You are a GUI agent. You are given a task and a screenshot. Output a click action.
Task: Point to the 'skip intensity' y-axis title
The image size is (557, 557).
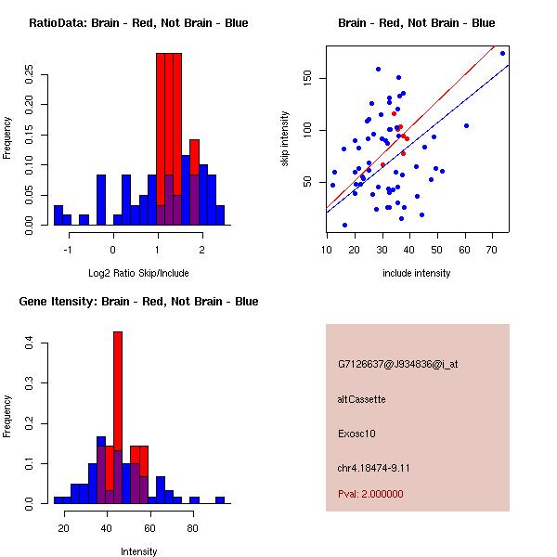point(286,139)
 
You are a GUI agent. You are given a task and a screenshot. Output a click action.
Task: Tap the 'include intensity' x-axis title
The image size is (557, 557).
point(417,273)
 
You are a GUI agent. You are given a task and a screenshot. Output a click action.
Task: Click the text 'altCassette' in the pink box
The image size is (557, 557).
point(361,399)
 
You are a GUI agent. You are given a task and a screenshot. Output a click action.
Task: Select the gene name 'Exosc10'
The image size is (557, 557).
point(356,434)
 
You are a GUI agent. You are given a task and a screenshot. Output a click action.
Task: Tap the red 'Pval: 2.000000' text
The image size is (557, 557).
point(370,494)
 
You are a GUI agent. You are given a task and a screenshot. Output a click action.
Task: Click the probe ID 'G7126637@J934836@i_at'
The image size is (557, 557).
point(397,364)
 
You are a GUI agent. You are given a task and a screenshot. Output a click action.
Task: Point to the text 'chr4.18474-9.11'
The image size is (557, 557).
point(373,467)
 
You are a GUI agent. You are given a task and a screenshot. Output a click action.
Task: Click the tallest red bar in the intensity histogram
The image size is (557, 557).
point(118,418)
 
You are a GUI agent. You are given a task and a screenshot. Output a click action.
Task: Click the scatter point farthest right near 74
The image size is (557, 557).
point(502,53)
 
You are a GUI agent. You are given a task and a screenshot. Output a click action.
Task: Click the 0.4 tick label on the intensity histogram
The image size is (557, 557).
point(32,343)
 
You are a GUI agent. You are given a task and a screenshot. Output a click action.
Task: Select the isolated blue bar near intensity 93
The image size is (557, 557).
point(220,499)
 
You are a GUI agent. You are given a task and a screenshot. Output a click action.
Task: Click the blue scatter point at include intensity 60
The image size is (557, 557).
point(466,125)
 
